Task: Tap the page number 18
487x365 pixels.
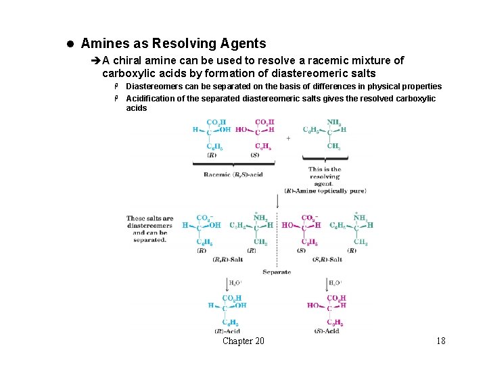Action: [441, 341]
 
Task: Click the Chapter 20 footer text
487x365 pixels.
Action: [243, 341]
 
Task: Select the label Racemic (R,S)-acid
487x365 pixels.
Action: [233, 174]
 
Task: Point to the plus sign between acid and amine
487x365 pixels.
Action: [289, 139]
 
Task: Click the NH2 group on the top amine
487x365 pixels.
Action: [333, 122]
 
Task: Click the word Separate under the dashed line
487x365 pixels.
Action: [276, 272]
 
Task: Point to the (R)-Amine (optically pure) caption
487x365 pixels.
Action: [325, 191]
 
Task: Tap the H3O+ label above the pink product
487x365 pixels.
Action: [335, 283]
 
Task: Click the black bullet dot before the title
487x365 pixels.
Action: [70, 44]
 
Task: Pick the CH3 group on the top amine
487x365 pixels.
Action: [333, 146]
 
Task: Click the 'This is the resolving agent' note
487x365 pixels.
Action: [325, 176]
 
